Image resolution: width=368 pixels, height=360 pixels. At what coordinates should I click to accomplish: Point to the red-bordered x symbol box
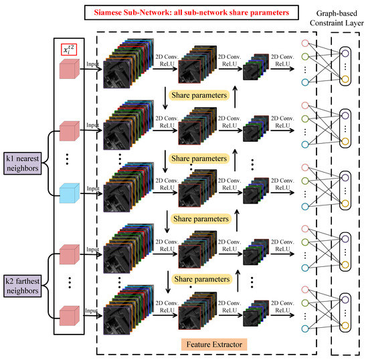[68, 49]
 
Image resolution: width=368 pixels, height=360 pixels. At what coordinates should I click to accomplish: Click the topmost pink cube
[67, 71]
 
